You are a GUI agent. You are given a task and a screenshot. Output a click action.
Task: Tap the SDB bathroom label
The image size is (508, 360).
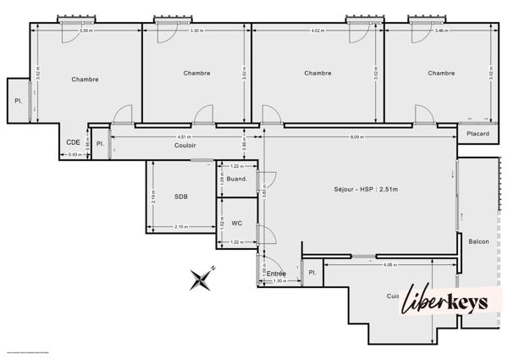181,197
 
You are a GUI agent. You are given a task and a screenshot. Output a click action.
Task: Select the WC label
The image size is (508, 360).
237,223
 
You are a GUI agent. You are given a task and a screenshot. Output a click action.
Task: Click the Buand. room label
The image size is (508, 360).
238,179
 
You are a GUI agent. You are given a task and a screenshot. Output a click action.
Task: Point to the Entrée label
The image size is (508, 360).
276,274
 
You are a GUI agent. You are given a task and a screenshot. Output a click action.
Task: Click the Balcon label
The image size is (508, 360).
478,241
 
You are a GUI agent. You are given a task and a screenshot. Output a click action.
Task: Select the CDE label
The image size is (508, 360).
74,141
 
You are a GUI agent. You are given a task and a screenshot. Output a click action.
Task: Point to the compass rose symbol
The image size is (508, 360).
202,278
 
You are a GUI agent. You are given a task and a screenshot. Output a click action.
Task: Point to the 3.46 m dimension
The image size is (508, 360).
440,31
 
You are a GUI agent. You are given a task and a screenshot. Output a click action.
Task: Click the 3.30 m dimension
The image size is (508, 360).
196,31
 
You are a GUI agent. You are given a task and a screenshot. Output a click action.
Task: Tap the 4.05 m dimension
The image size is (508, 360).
389,265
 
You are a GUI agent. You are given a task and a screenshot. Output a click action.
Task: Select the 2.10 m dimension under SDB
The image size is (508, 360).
180,226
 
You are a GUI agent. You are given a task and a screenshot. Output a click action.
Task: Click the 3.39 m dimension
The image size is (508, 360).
86,31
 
